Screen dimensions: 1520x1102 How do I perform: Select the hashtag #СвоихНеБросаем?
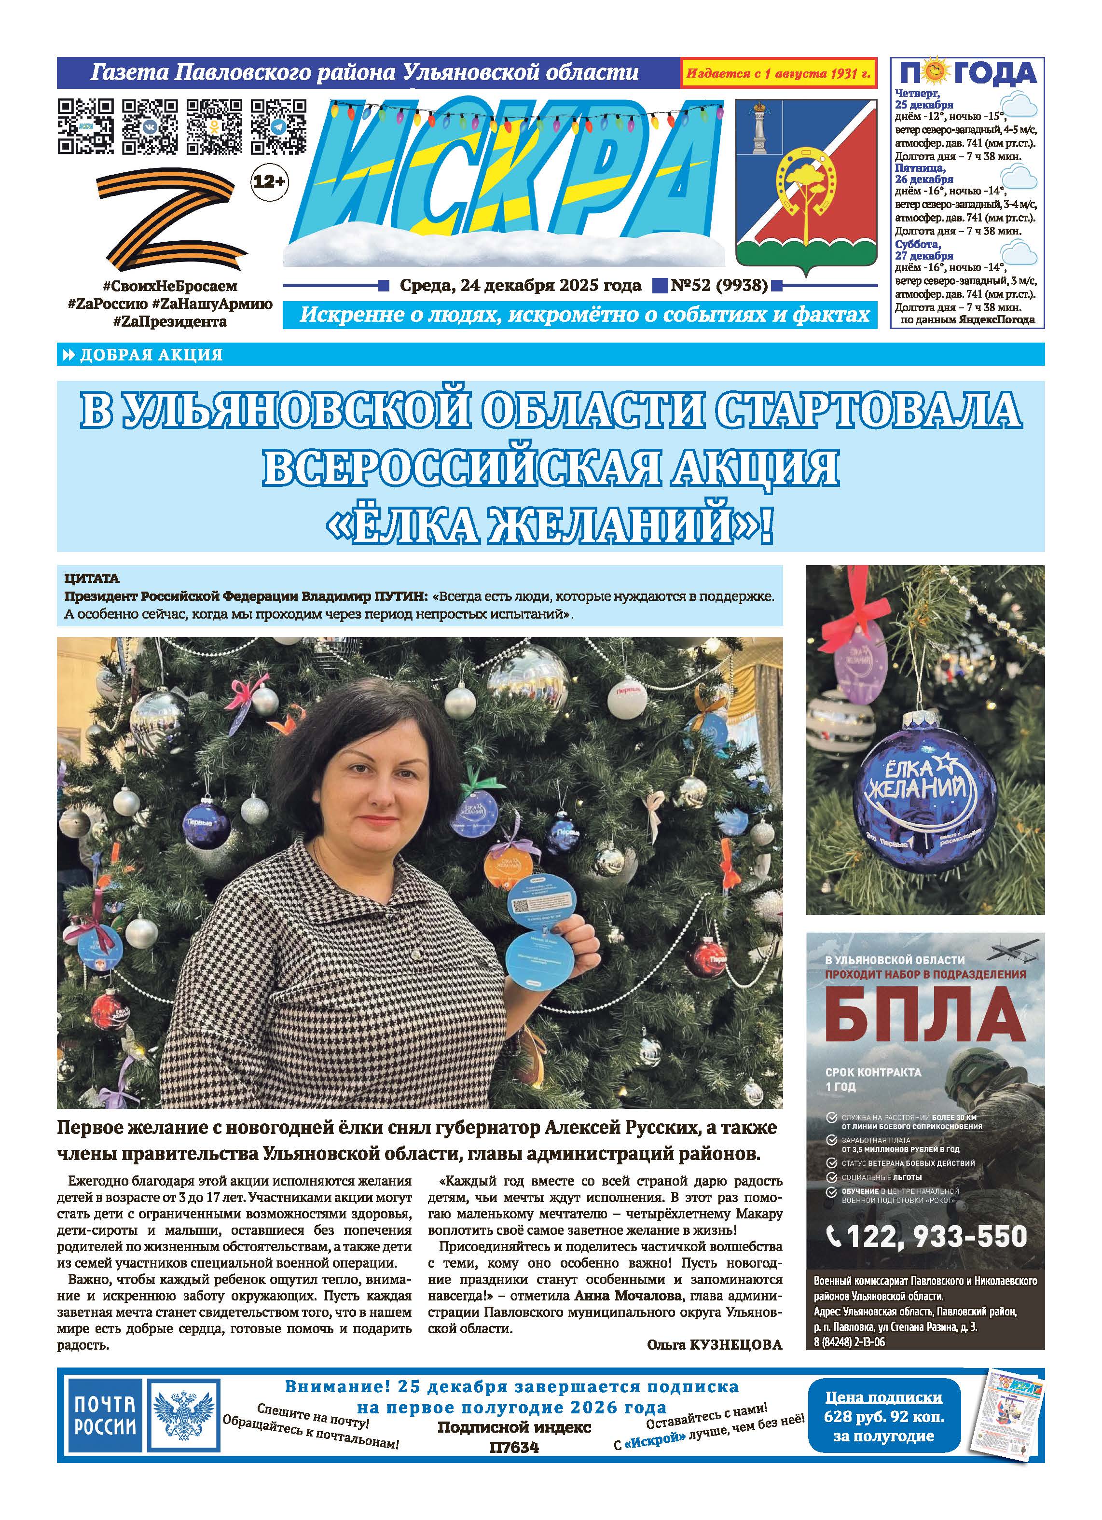point(171,287)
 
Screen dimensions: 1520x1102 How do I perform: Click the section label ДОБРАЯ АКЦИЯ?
point(151,355)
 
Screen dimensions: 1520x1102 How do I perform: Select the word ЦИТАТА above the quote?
point(92,578)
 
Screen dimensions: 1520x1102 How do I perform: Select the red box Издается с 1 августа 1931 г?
point(778,73)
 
